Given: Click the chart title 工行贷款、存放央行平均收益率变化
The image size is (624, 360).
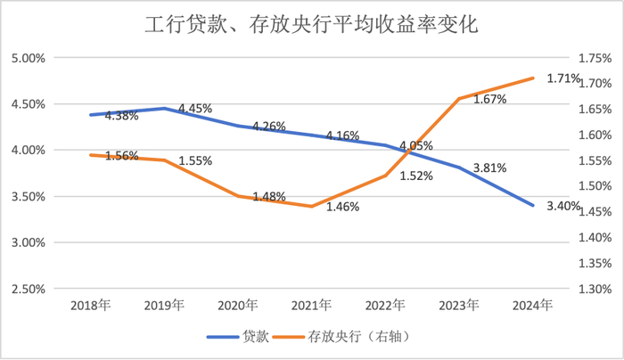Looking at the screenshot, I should (x=311, y=24).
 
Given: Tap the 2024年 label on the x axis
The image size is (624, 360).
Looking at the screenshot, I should (x=533, y=305).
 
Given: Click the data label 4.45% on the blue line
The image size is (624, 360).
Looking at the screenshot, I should (x=195, y=109).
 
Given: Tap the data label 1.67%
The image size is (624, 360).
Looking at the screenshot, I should (x=489, y=100).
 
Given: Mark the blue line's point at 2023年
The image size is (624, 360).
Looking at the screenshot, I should (x=459, y=168).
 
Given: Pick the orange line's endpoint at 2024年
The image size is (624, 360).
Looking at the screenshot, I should (x=533, y=78).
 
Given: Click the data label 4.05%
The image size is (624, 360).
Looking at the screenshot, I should (x=416, y=145).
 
